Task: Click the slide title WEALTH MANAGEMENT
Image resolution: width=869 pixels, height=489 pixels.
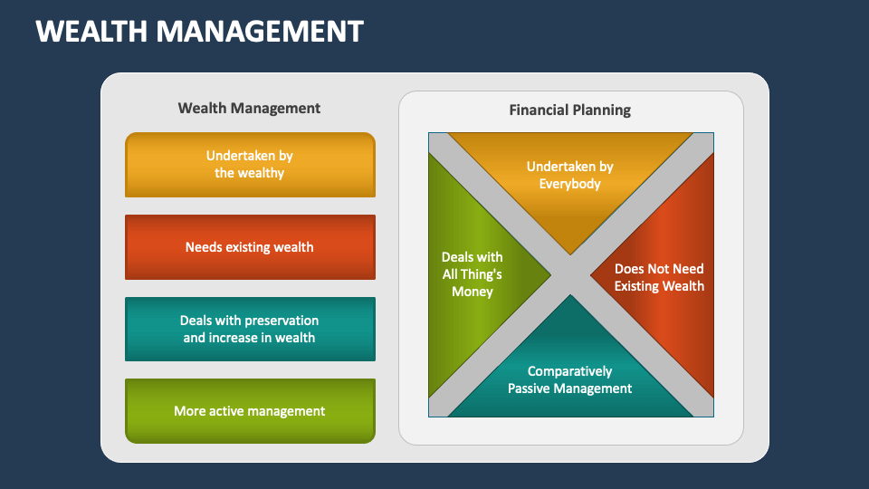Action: [199, 31]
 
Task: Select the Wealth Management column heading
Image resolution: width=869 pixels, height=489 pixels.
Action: [249, 108]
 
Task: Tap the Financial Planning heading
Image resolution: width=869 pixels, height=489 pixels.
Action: [569, 110]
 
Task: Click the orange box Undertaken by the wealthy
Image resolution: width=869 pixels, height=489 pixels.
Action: [250, 165]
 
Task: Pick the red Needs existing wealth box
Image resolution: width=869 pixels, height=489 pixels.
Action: [250, 247]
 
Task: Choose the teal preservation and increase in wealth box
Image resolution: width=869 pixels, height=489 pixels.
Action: [250, 330]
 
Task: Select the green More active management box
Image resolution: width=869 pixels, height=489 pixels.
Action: [250, 411]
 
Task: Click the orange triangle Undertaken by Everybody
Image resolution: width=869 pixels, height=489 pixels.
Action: [569, 177]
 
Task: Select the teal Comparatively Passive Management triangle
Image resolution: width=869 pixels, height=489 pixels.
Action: [569, 372]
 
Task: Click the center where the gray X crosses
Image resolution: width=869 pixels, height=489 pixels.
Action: [570, 274]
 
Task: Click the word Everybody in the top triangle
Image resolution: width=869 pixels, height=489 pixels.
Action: [569, 184]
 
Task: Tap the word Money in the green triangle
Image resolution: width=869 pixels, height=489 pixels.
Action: [473, 292]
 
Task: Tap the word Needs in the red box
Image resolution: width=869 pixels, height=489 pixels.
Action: [204, 247]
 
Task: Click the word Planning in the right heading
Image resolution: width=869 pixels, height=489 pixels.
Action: [603, 110]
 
